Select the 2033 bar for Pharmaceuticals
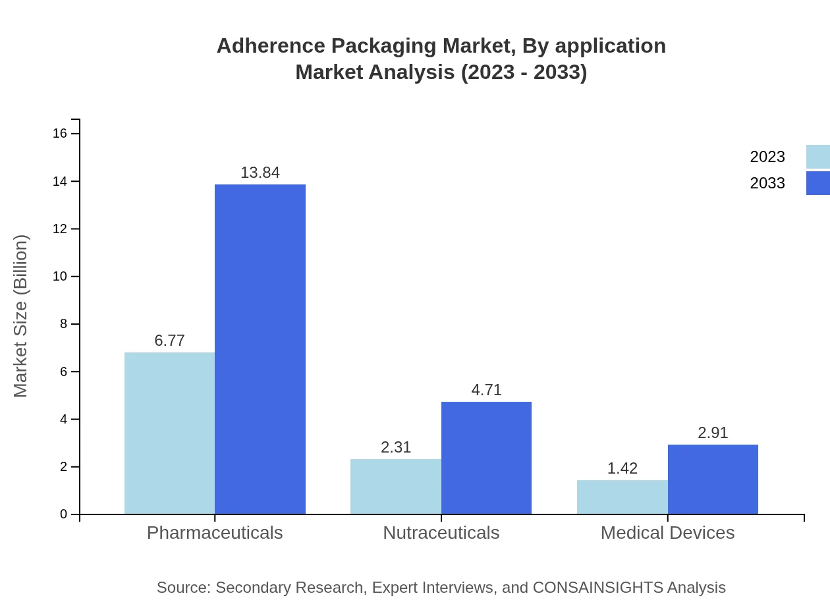pyautogui.click(x=260, y=349)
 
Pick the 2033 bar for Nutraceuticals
pyautogui.click(x=486, y=458)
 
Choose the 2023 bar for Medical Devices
pyautogui.click(x=622, y=497)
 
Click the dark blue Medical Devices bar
pyautogui.click(x=713, y=479)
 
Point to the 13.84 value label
pyautogui.click(x=260, y=173)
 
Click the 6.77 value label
pyautogui.click(x=169, y=341)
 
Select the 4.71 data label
pyautogui.click(x=486, y=390)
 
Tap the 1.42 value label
pyautogui.click(x=622, y=468)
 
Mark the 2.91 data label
pyautogui.click(x=713, y=433)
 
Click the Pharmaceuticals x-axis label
pyautogui.click(x=215, y=532)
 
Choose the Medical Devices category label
pyautogui.click(x=667, y=532)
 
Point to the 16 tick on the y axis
pyautogui.click(x=60, y=134)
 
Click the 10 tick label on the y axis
pyautogui.click(x=60, y=277)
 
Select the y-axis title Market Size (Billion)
pyautogui.click(x=21, y=316)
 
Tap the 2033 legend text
pyautogui.click(x=767, y=183)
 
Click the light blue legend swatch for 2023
pyautogui.click(x=817, y=157)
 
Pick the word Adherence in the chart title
pyautogui.click(x=270, y=46)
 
